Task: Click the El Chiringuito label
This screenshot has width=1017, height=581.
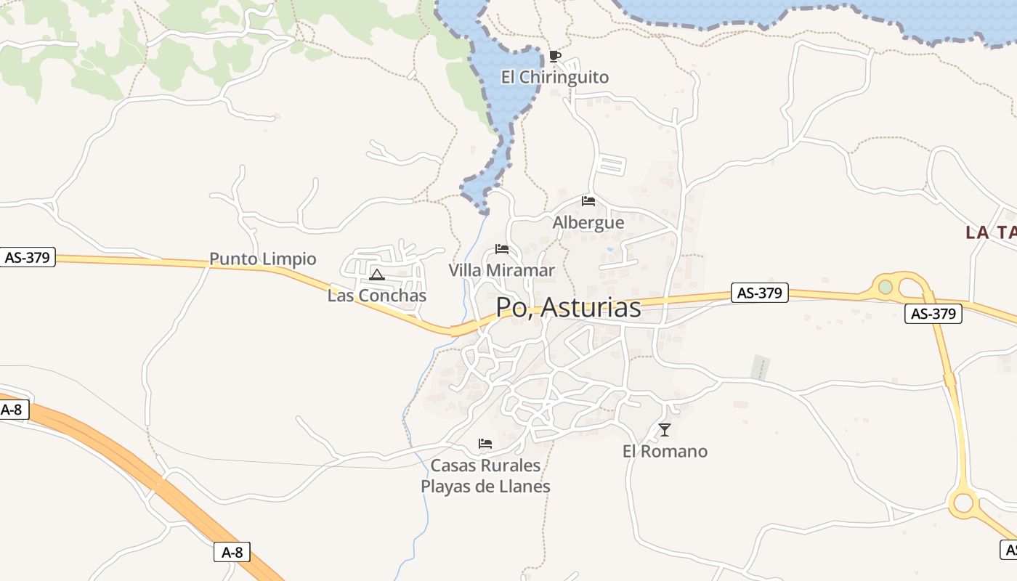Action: [x=555, y=77]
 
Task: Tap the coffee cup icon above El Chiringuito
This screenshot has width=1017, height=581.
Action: [x=555, y=56]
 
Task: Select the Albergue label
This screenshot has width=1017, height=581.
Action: [x=588, y=222]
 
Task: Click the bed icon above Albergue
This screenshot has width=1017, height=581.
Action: [x=588, y=201]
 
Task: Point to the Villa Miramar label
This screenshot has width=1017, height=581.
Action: [x=501, y=270]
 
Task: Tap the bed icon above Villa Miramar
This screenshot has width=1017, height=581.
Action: [x=501, y=249]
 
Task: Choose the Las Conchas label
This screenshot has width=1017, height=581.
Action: [x=377, y=296]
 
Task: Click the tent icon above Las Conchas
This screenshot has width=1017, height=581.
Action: [x=376, y=275]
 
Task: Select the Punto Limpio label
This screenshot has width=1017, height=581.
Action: [x=263, y=259]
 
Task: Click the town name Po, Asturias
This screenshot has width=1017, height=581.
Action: [x=569, y=308]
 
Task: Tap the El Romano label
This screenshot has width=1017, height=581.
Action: [x=665, y=451]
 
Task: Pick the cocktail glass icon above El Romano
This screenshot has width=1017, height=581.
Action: [x=665, y=430]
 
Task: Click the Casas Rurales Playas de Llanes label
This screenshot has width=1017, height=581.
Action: [x=485, y=476]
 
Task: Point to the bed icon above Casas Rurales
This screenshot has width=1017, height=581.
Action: [x=485, y=444]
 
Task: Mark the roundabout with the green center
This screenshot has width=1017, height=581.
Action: [x=885, y=287]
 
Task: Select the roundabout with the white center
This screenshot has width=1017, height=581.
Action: [x=964, y=502]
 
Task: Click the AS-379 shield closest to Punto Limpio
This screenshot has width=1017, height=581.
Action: [x=28, y=257]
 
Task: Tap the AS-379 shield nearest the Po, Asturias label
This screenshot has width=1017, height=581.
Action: [x=759, y=293]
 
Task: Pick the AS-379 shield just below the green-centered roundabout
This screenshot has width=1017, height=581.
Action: [x=933, y=314]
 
